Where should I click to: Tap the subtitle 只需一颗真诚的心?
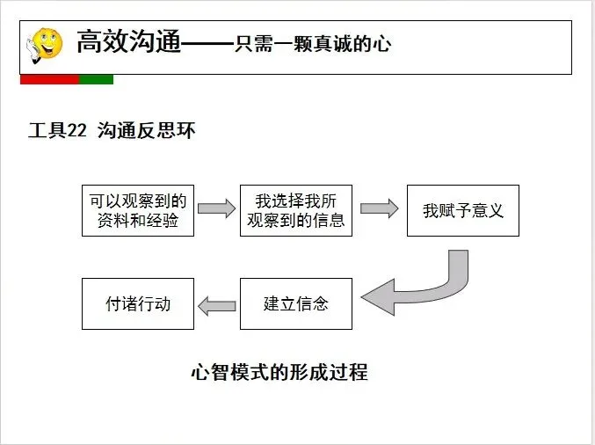click(312, 45)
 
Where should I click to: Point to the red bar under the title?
click(49, 79)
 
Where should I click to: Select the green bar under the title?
click(96, 79)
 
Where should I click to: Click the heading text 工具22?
click(57, 132)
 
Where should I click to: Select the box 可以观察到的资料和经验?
click(138, 210)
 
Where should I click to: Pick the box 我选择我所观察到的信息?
click(296, 210)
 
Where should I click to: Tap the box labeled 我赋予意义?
click(462, 210)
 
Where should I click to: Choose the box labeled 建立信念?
click(296, 303)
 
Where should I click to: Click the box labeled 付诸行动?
click(138, 303)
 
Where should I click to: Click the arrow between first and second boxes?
click(216, 209)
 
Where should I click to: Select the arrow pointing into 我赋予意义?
click(380, 209)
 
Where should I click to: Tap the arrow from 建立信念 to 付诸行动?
click(216, 305)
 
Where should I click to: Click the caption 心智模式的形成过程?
click(279, 372)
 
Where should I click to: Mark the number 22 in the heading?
click(76, 132)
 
